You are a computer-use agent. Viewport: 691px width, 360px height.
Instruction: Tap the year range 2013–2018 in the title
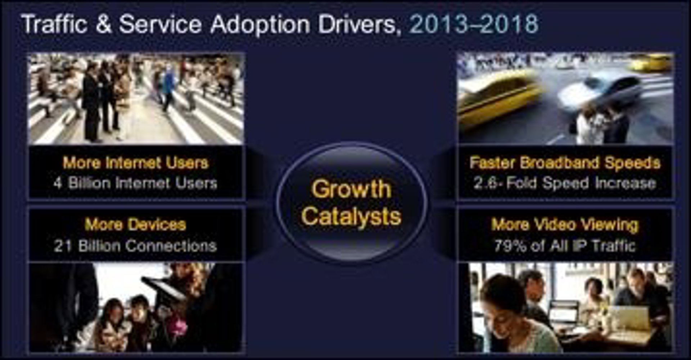(474, 24)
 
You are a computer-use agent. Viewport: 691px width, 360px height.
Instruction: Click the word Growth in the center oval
(351, 189)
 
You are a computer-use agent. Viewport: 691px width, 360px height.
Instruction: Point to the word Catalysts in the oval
(351, 216)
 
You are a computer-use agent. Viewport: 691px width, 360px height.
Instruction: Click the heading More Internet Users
(136, 163)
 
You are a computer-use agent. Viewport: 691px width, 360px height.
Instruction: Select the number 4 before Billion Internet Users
(58, 183)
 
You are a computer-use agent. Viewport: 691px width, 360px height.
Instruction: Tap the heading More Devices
(135, 225)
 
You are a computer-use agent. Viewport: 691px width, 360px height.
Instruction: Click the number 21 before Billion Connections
(62, 246)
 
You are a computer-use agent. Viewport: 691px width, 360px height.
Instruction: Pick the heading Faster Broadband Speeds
(565, 163)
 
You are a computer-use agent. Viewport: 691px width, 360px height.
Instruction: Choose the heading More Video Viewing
(565, 225)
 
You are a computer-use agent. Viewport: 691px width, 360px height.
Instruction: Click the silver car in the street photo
(599, 90)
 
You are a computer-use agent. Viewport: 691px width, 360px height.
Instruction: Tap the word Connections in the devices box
(171, 246)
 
